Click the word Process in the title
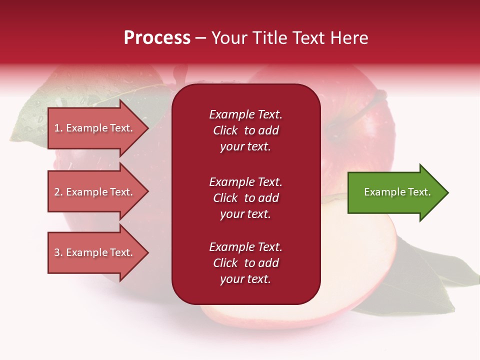pyautogui.click(x=157, y=37)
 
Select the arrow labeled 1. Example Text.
pyautogui.click(x=98, y=128)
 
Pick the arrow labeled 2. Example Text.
pyautogui.click(x=98, y=191)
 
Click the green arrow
pyautogui.click(x=398, y=192)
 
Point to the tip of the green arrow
pyautogui.click(x=448, y=192)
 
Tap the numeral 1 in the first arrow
pyautogui.click(x=56, y=128)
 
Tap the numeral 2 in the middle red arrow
pyautogui.click(x=57, y=192)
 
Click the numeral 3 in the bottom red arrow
pyautogui.click(x=57, y=252)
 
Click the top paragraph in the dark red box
pyautogui.click(x=246, y=130)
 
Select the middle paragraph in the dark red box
pyautogui.click(x=246, y=198)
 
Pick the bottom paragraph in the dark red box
pyautogui.click(x=246, y=262)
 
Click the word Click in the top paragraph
pyautogui.click(x=225, y=130)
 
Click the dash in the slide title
pyautogui.click(x=200, y=38)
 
